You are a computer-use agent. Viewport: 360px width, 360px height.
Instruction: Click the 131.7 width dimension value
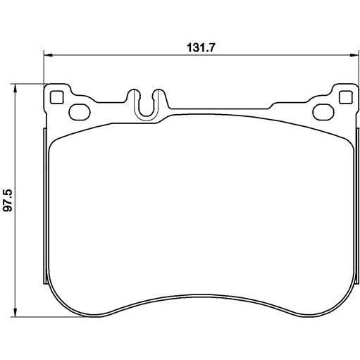point(201,48)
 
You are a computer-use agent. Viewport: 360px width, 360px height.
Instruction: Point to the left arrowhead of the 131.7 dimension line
point(48,56)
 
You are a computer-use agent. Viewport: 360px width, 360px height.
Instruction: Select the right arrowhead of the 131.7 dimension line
point(354,56)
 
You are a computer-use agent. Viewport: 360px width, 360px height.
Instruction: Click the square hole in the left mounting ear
point(57,97)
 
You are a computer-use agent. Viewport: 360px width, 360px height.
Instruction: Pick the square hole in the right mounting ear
point(346,97)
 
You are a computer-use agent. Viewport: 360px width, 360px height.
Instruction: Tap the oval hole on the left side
point(80,112)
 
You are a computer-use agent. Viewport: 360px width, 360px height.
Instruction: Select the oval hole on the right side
point(323,112)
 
